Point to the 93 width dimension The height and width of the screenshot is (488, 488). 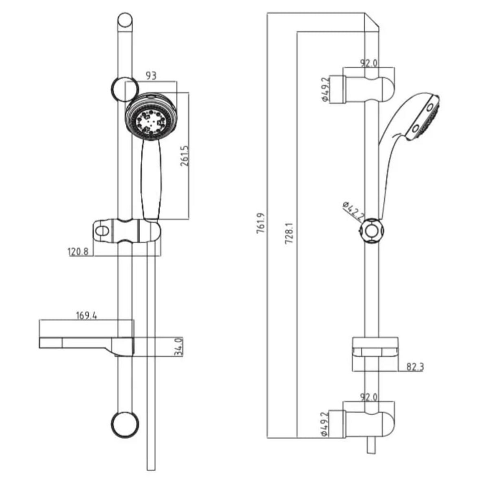coord(151,76)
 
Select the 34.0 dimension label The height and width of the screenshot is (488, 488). coord(178,347)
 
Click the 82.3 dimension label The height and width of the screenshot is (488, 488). coord(414,367)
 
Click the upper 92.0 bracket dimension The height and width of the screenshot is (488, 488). coord(369,63)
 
